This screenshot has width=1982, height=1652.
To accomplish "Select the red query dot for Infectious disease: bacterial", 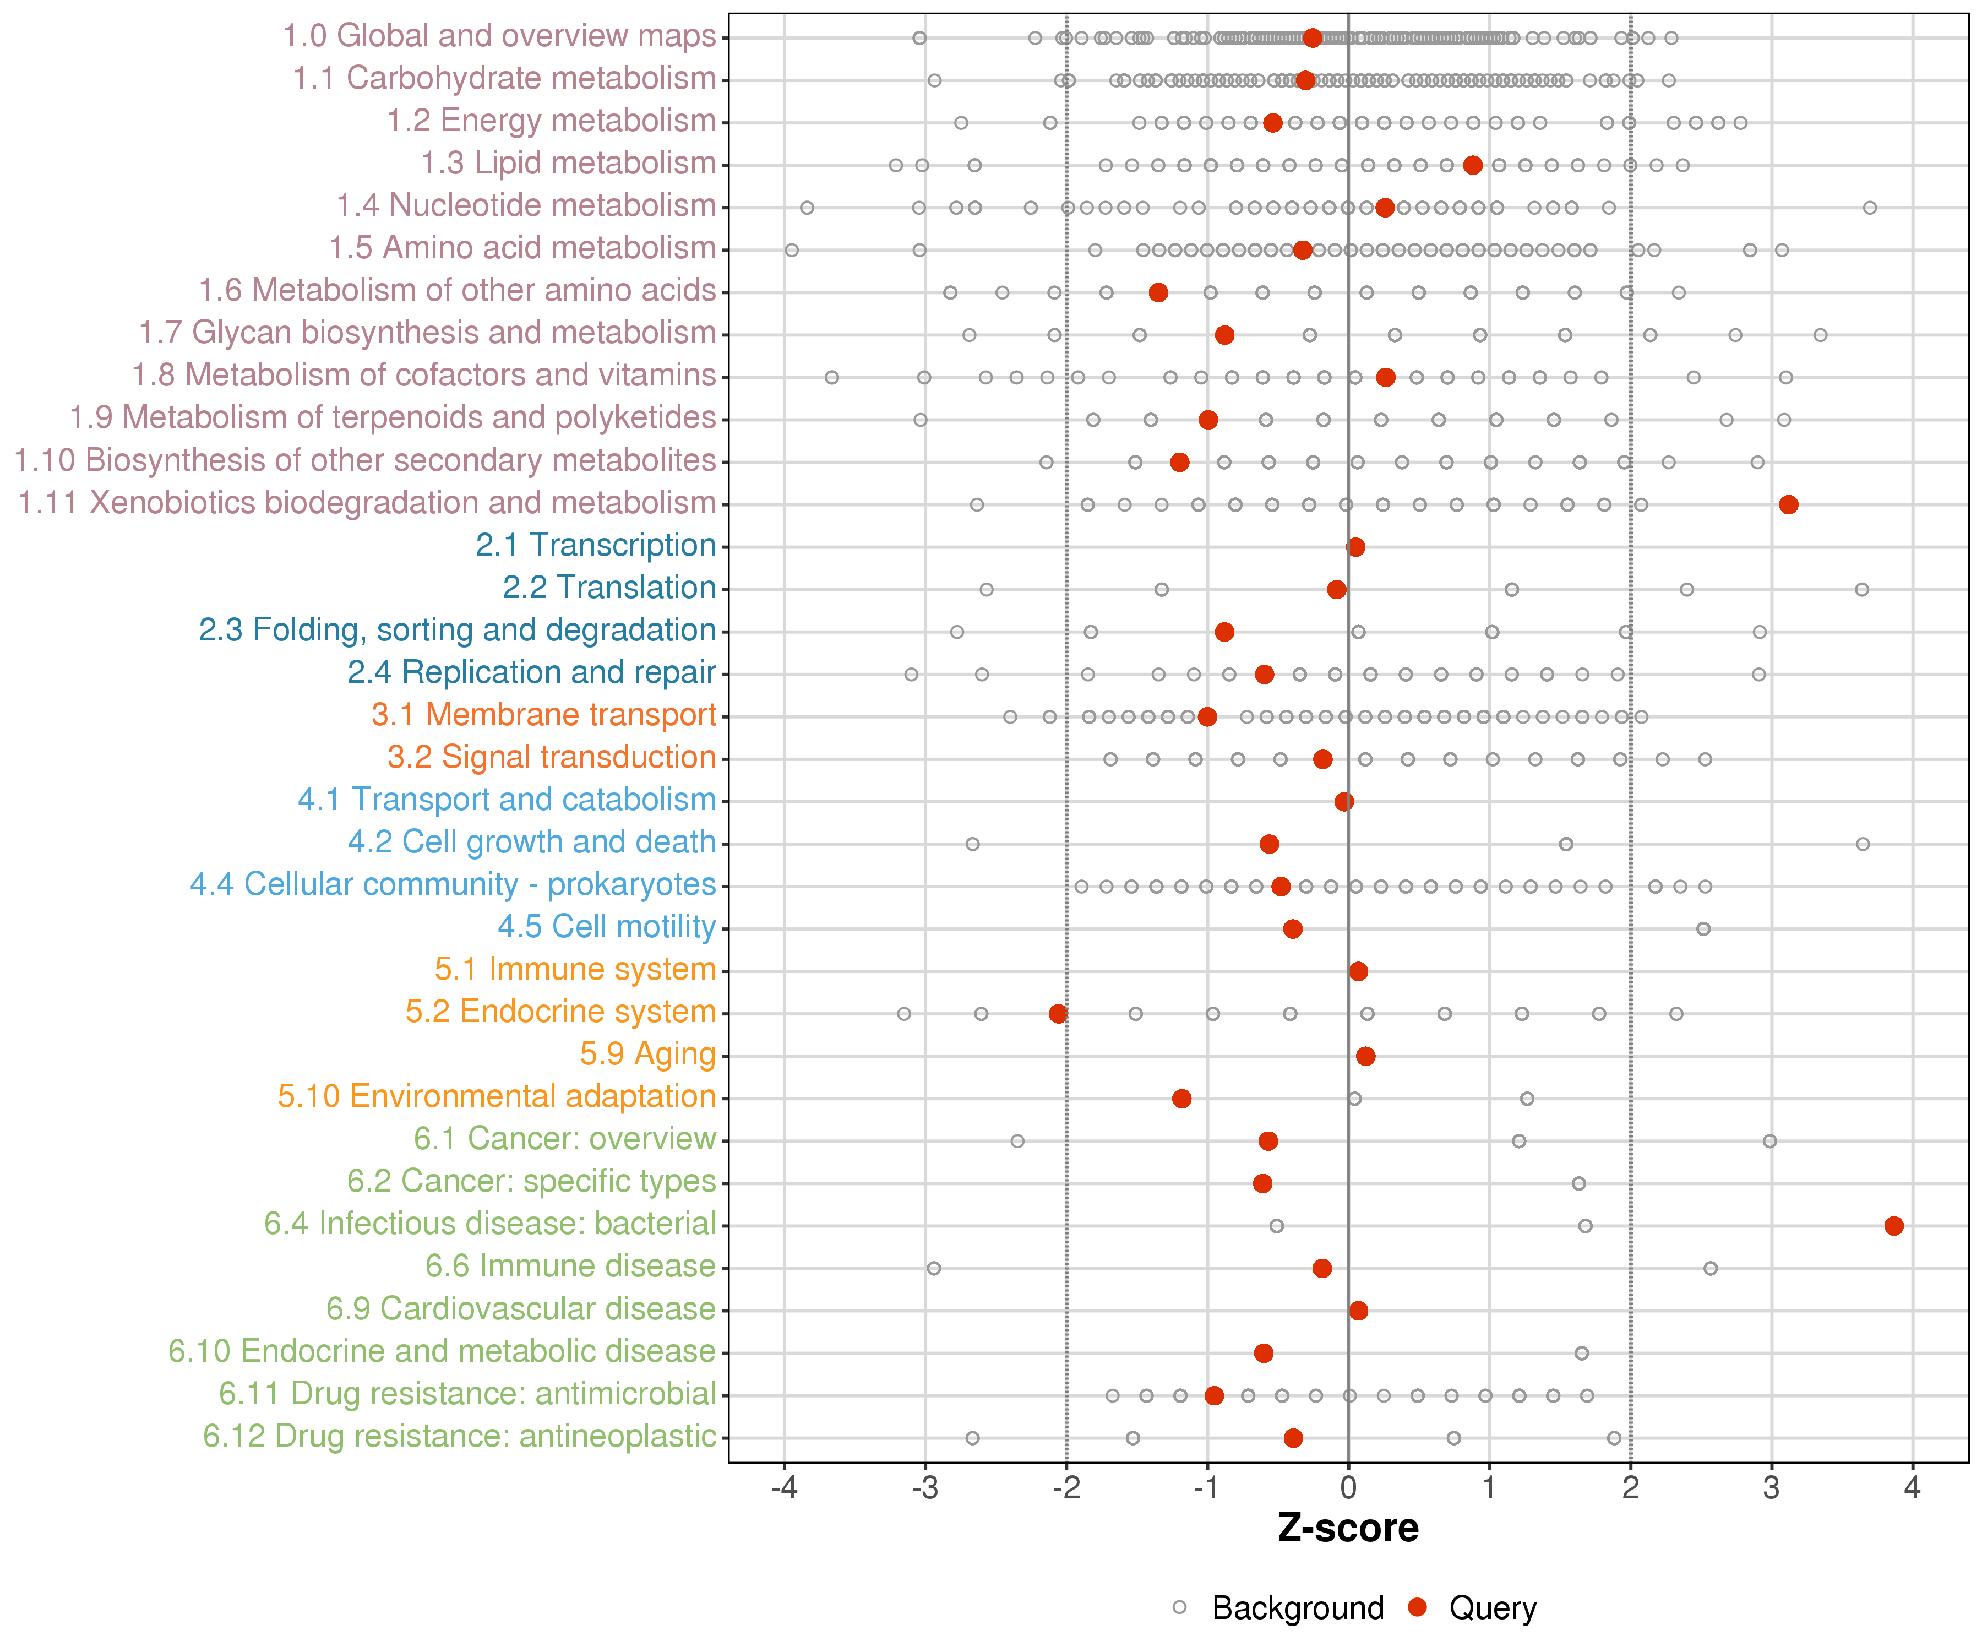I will [1893, 1225].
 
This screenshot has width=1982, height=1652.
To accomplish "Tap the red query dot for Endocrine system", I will [1058, 1013].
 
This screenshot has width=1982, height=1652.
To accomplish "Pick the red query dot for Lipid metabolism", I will [1472, 165].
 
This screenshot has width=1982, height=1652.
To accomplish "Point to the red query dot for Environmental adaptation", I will [1181, 1098].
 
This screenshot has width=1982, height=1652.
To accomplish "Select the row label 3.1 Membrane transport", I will [543, 715].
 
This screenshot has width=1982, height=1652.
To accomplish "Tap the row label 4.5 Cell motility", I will [606, 926].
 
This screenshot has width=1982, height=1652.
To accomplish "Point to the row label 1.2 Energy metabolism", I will [551, 121].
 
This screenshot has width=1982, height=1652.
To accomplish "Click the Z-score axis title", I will [1348, 1528].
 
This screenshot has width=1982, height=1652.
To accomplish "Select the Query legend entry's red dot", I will [1417, 1607].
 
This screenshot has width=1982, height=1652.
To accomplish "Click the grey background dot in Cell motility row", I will [1703, 929].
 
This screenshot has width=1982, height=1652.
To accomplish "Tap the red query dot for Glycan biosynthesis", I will [1224, 334].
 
